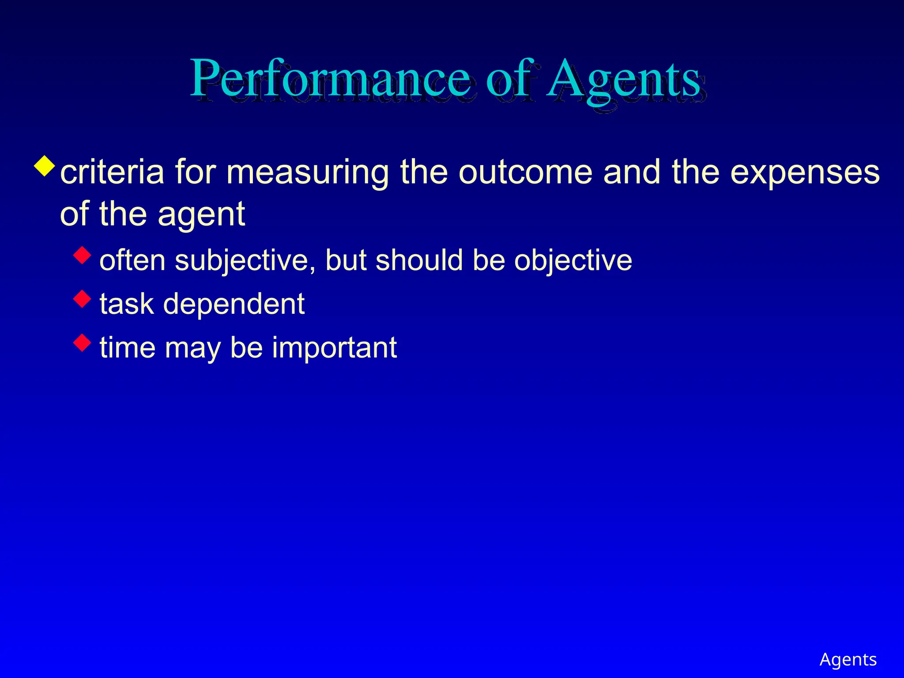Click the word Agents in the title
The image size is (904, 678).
623,79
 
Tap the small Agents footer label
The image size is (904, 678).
848,659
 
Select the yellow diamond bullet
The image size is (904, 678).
45,166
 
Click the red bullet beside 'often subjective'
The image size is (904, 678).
83,255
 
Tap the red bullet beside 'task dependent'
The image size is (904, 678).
83,299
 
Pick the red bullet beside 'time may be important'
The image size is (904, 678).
83,343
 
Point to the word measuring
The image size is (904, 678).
308,173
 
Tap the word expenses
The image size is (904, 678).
805,173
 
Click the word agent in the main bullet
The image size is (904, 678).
201,215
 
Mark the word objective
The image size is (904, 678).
573,260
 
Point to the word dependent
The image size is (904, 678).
234,304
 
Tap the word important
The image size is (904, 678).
334,348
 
